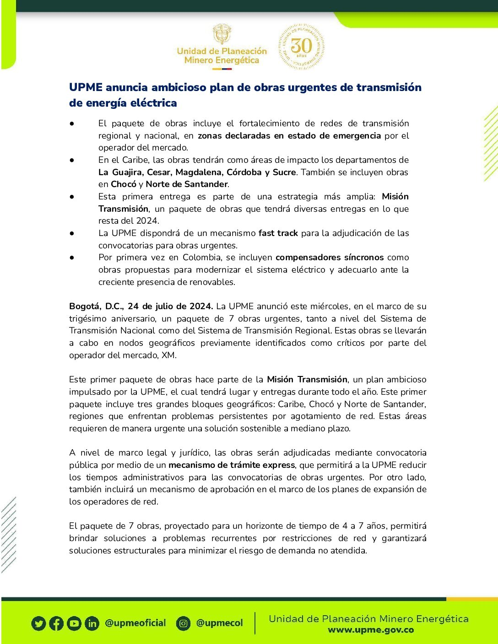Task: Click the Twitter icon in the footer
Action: [39, 623]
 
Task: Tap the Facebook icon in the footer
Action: [56, 623]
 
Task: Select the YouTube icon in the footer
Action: [74, 623]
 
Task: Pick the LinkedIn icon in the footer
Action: [92, 623]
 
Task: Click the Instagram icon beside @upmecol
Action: [183, 623]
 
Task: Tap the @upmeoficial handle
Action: [135, 623]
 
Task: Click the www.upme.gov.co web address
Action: [371, 630]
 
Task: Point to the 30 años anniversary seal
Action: [301, 47]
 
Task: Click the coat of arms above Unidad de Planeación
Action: [222, 35]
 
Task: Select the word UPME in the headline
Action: [86, 87]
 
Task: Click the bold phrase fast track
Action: [278, 233]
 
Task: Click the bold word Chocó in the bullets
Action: [124, 184]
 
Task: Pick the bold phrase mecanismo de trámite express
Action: [232, 465]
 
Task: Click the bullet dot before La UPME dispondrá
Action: [72, 233]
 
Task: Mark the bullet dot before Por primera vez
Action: [72, 258]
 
